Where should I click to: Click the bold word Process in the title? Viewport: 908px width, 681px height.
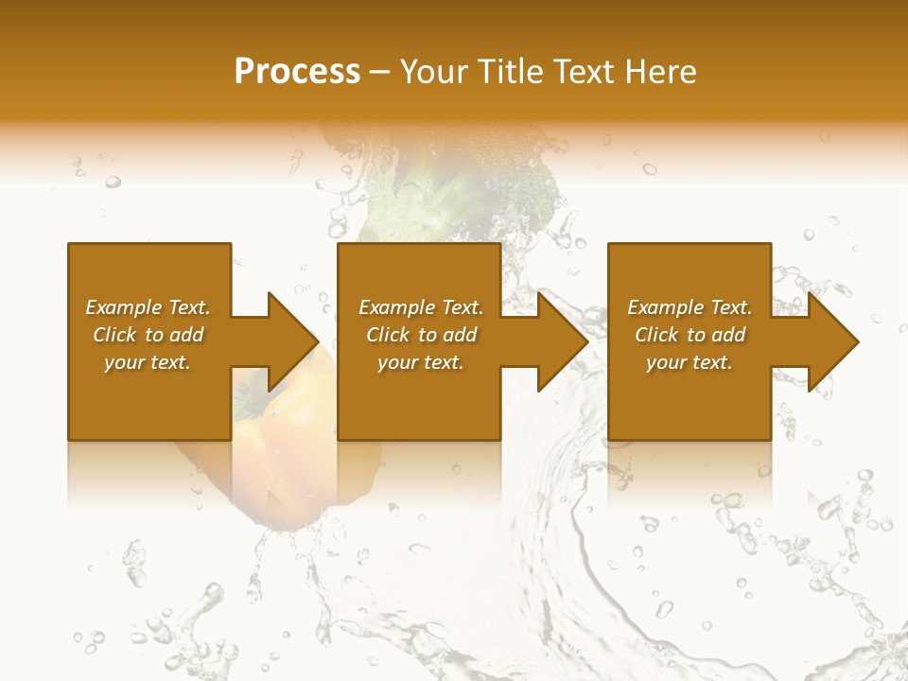coord(297,72)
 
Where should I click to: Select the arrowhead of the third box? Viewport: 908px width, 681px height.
coord(831,341)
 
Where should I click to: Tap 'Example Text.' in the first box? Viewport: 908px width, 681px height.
coord(148,307)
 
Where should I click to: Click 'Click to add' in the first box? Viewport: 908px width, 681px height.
coord(148,335)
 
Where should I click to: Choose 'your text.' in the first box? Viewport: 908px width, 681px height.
coord(148,362)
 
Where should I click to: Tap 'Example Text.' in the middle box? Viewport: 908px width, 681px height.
coord(421,307)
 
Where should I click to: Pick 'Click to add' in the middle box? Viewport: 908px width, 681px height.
coord(421,335)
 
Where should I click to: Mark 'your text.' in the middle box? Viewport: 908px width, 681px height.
coord(421,362)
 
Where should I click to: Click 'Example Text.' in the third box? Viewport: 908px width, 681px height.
coord(690,307)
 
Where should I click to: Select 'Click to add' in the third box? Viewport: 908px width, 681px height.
coord(690,335)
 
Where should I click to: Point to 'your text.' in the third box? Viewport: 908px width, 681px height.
coord(690,362)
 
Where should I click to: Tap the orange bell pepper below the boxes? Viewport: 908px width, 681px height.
coord(274,463)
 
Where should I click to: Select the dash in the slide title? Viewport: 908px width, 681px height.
coord(380,72)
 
